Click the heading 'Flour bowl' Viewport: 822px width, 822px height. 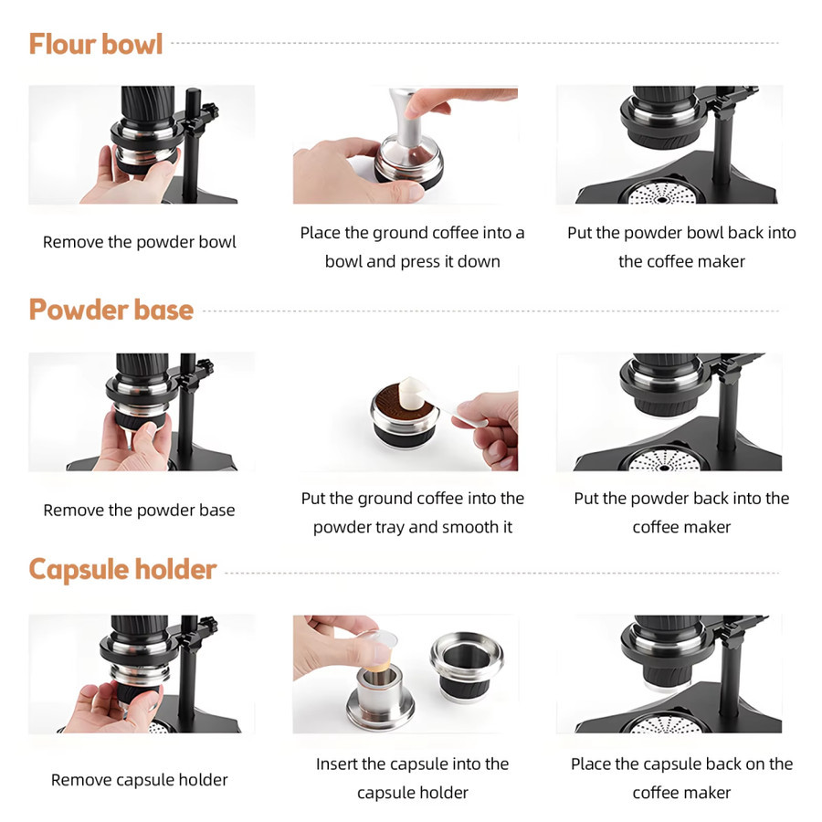95,44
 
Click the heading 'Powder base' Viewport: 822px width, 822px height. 111,310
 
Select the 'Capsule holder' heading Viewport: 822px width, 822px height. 122,569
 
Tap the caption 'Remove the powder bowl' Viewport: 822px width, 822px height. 140,242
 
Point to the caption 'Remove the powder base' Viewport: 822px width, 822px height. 140,510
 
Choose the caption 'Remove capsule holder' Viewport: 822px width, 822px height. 140,780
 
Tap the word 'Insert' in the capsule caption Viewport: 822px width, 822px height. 336,764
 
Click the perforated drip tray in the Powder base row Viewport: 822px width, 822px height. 664,459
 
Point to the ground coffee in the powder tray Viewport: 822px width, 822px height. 401,402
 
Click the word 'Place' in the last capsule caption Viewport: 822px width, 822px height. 591,764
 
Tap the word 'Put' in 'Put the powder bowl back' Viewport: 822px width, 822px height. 580,233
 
